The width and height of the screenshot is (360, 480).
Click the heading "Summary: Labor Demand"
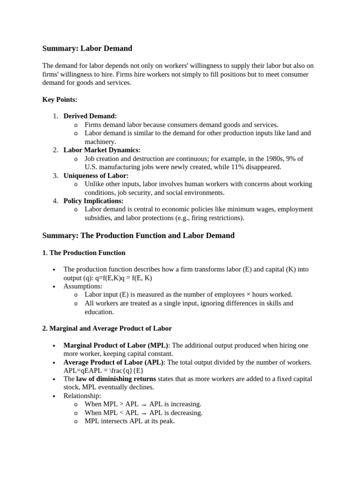[87, 48]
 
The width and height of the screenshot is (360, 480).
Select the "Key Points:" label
[60, 99]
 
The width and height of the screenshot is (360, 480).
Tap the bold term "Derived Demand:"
[90, 116]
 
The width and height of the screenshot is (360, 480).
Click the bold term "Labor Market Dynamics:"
[102, 150]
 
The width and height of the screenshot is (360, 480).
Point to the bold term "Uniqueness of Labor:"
[96, 175]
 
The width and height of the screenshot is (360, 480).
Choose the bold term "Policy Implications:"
[94, 201]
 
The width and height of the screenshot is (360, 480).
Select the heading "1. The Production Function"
[84, 253]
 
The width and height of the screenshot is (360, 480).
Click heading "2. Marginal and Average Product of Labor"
[107, 329]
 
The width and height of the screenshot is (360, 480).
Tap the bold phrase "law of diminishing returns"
[116, 379]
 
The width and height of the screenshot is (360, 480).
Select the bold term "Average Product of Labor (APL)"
[113, 362]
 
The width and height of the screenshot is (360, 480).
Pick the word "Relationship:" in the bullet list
[82, 396]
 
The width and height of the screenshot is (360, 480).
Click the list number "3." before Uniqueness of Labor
[55, 175]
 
